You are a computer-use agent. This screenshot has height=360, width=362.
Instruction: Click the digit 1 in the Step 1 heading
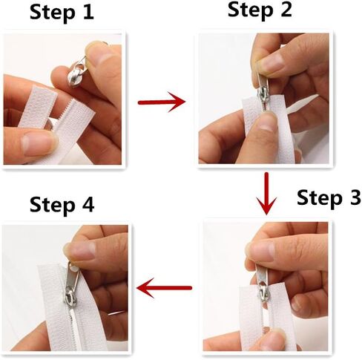[x=88, y=13]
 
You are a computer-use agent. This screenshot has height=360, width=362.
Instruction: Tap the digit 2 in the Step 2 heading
[x=286, y=10]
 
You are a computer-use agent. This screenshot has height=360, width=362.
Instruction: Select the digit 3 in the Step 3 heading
[x=354, y=197]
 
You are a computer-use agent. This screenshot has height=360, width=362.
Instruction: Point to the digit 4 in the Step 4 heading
[x=88, y=205]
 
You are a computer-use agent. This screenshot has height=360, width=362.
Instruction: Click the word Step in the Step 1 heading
[x=52, y=13]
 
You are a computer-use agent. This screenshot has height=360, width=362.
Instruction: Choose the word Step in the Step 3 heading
[x=319, y=198]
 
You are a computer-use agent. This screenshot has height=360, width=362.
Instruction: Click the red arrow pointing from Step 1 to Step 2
[x=162, y=102]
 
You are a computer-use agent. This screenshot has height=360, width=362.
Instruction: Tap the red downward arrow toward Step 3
[x=266, y=193]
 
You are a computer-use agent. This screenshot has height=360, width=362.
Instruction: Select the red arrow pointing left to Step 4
[x=164, y=288]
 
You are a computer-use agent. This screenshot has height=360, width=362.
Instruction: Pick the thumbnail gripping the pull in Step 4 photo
[x=79, y=250]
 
